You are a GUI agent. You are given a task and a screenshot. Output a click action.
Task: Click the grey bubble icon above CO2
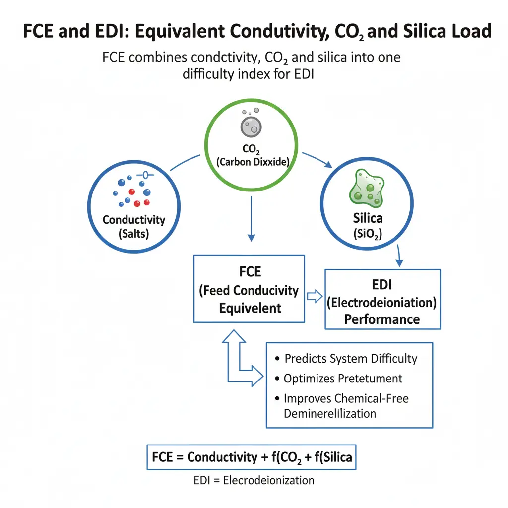point(251,124)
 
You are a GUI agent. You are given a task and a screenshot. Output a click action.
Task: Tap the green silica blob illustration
point(368,190)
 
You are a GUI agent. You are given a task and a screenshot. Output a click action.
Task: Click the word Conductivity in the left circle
point(134,219)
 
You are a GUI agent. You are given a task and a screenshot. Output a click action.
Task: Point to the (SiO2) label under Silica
point(368,236)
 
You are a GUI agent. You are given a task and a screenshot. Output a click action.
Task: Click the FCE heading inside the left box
point(249,272)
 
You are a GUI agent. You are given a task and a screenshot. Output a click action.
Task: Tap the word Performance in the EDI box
point(382,318)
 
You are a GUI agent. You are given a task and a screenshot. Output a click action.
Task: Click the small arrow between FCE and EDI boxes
point(315,297)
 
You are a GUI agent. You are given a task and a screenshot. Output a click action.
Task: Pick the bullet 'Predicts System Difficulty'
point(350,359)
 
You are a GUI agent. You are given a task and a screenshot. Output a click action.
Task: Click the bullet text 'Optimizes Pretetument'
point(342,379)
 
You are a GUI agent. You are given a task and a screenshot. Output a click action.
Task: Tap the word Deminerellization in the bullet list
point(329,413)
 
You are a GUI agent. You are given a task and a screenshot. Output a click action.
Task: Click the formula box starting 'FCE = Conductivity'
point(252,457)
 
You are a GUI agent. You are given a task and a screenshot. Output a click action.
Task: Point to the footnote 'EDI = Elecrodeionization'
point(254,480)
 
